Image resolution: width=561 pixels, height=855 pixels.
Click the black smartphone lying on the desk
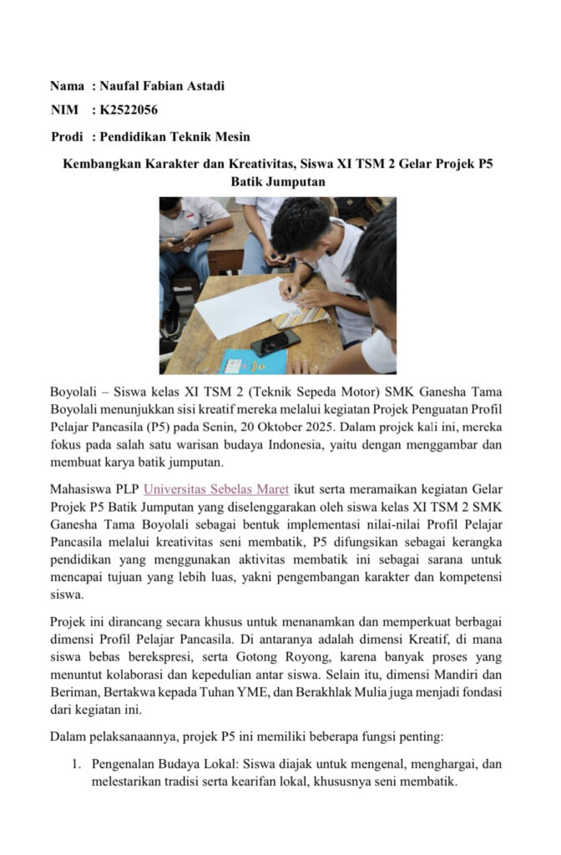[x=275, y=342]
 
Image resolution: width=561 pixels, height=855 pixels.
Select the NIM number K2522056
[x=129, y=110]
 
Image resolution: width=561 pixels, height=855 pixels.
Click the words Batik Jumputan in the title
[x=278, y=180]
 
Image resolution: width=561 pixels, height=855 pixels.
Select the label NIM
[x=63, y=110]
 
